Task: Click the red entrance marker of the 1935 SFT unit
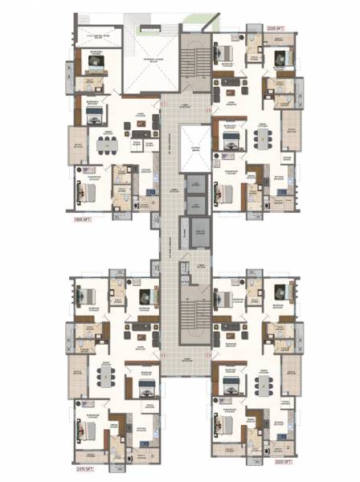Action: coord(162,104)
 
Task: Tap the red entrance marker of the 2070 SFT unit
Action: coord(162,352)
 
